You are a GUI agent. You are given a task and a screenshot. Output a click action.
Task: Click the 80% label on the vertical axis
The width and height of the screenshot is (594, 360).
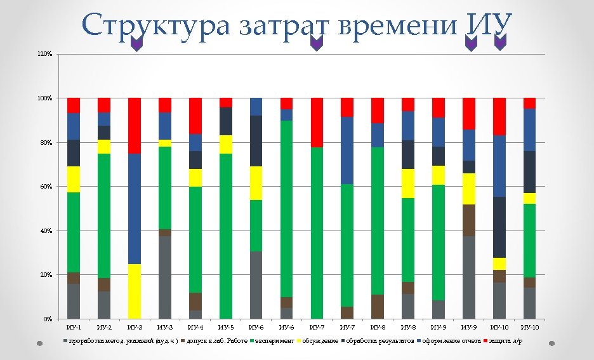pos(45,143)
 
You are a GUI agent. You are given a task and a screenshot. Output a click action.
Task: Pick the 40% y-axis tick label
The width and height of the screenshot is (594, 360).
pos(45,231)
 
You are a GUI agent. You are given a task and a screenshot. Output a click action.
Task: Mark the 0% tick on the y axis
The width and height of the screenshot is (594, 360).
pos(47,319)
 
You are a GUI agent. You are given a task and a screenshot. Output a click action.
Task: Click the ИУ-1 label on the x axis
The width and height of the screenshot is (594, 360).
pos(74,327)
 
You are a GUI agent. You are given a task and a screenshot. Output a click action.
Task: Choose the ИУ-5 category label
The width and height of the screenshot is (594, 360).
pos(226,327)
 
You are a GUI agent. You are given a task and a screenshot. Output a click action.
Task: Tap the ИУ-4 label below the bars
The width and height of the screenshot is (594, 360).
pos(195,327)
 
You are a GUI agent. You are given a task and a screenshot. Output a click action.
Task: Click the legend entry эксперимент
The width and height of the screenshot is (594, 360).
pos(275,342)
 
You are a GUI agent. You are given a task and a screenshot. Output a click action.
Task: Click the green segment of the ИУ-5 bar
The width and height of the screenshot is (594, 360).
pos(226,235)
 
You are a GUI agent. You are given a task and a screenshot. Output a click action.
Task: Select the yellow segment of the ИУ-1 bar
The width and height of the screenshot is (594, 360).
pos(74,180)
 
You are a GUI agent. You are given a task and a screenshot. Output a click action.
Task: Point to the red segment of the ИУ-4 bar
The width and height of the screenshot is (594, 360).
pos(195,116)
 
